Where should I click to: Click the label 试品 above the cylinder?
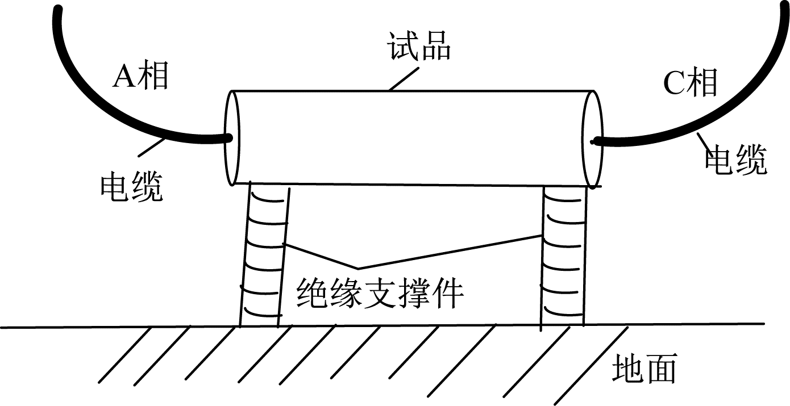(x=419, y=48)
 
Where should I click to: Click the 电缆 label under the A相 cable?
(x=131, y=187)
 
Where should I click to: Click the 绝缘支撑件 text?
(x=380, y=292)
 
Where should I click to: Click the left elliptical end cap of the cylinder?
(x=232, y=137)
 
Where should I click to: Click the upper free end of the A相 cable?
(x=57, y=11)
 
